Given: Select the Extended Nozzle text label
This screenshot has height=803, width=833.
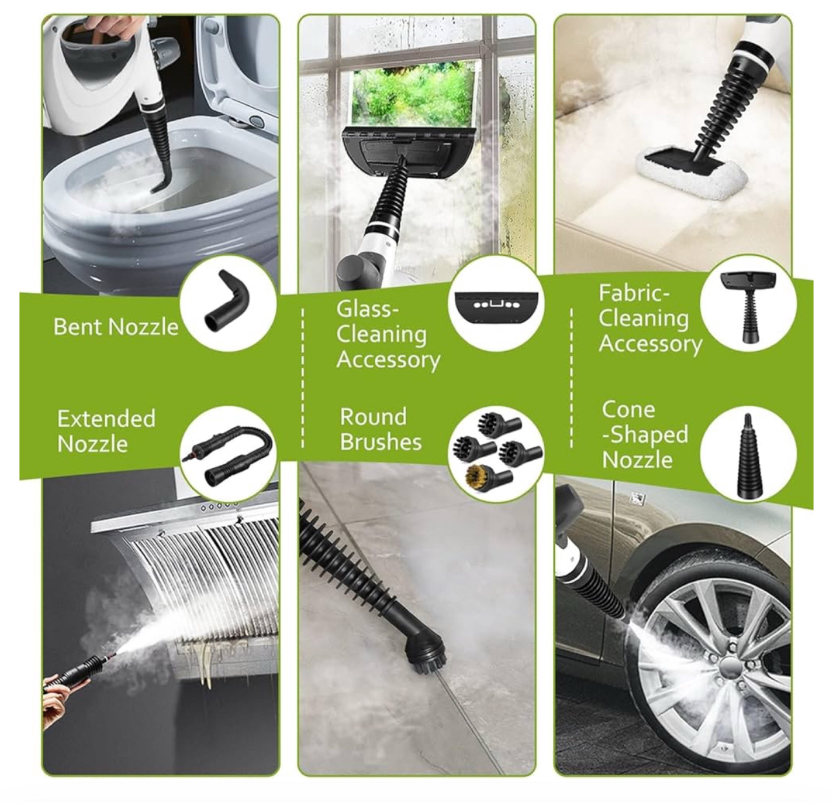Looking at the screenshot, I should (x=106, y=431).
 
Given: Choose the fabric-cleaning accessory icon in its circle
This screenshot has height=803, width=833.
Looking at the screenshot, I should (x=748, y=308).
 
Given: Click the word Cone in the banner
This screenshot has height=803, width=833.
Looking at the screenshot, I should (x=628, y=409).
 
